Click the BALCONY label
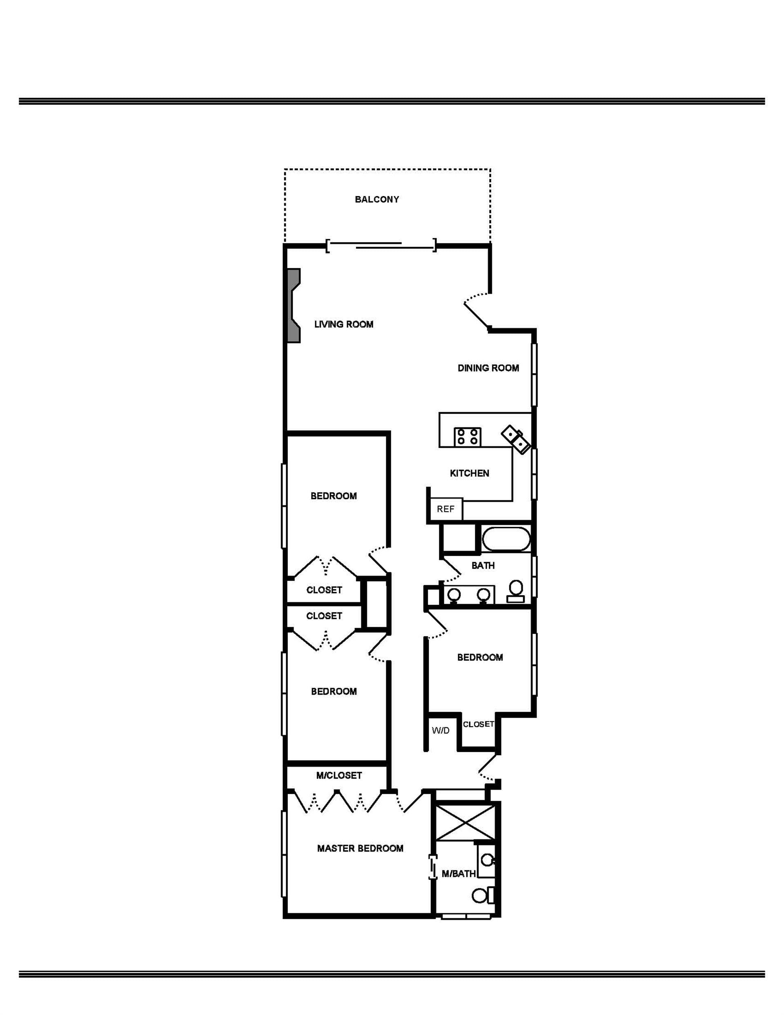coord(377,199)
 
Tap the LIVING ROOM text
coord(344,324)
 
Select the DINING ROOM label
coord(488,368)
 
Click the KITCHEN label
coord(469,473)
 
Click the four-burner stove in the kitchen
coord(468,437)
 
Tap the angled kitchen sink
coord(516,439)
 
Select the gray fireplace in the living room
coord(294,306)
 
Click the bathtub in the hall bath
coord(506,539)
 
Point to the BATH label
coord(483,566)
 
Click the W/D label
coord(441,730)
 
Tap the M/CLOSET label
coord(339,775)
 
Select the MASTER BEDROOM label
coord(360,848)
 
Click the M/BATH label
coord(459,874)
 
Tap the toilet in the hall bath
coord(516,591)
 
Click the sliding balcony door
coord(381,245)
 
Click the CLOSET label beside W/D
coord(478,724)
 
